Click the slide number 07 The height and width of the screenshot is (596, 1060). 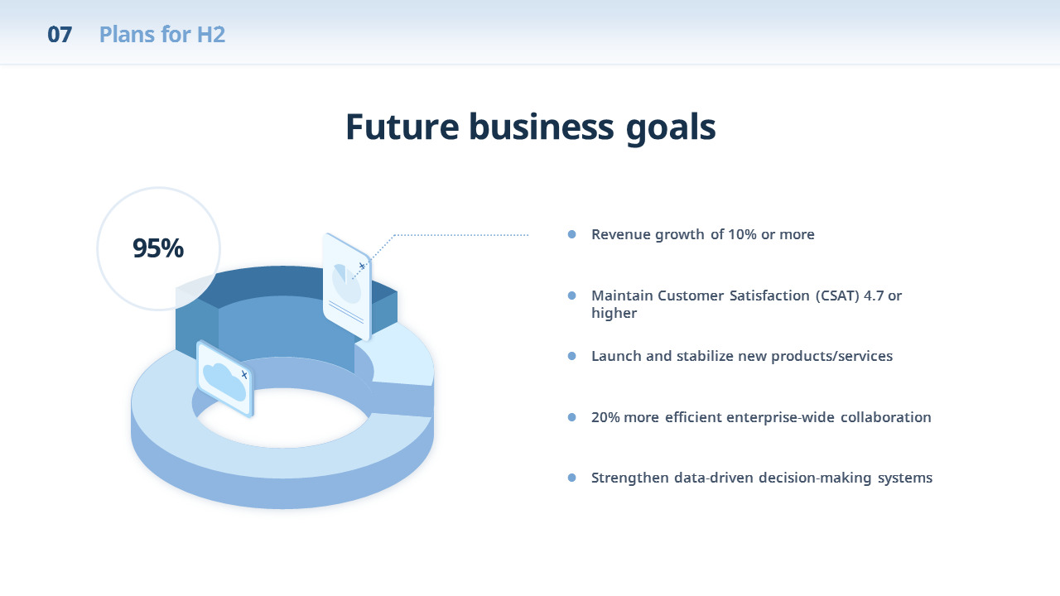60,35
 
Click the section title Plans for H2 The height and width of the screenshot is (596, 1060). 161,35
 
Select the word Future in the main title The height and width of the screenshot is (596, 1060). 402,127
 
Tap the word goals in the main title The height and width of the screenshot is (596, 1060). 671,129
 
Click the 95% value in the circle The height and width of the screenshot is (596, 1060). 158,248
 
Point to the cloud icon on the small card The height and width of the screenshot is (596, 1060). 224,382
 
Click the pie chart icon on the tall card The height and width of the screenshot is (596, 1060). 346,283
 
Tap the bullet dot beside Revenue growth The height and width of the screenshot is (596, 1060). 571,234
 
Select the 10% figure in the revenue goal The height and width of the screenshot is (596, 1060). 742,234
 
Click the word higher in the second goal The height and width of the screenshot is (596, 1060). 614,313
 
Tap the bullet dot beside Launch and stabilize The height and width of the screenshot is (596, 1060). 571,356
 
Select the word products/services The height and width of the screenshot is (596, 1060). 832,356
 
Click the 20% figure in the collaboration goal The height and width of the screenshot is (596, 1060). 605,417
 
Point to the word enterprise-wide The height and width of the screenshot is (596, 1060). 780,417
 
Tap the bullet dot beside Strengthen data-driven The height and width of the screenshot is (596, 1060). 571,478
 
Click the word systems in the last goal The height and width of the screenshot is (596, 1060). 905,478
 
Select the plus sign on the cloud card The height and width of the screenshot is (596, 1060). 244,375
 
